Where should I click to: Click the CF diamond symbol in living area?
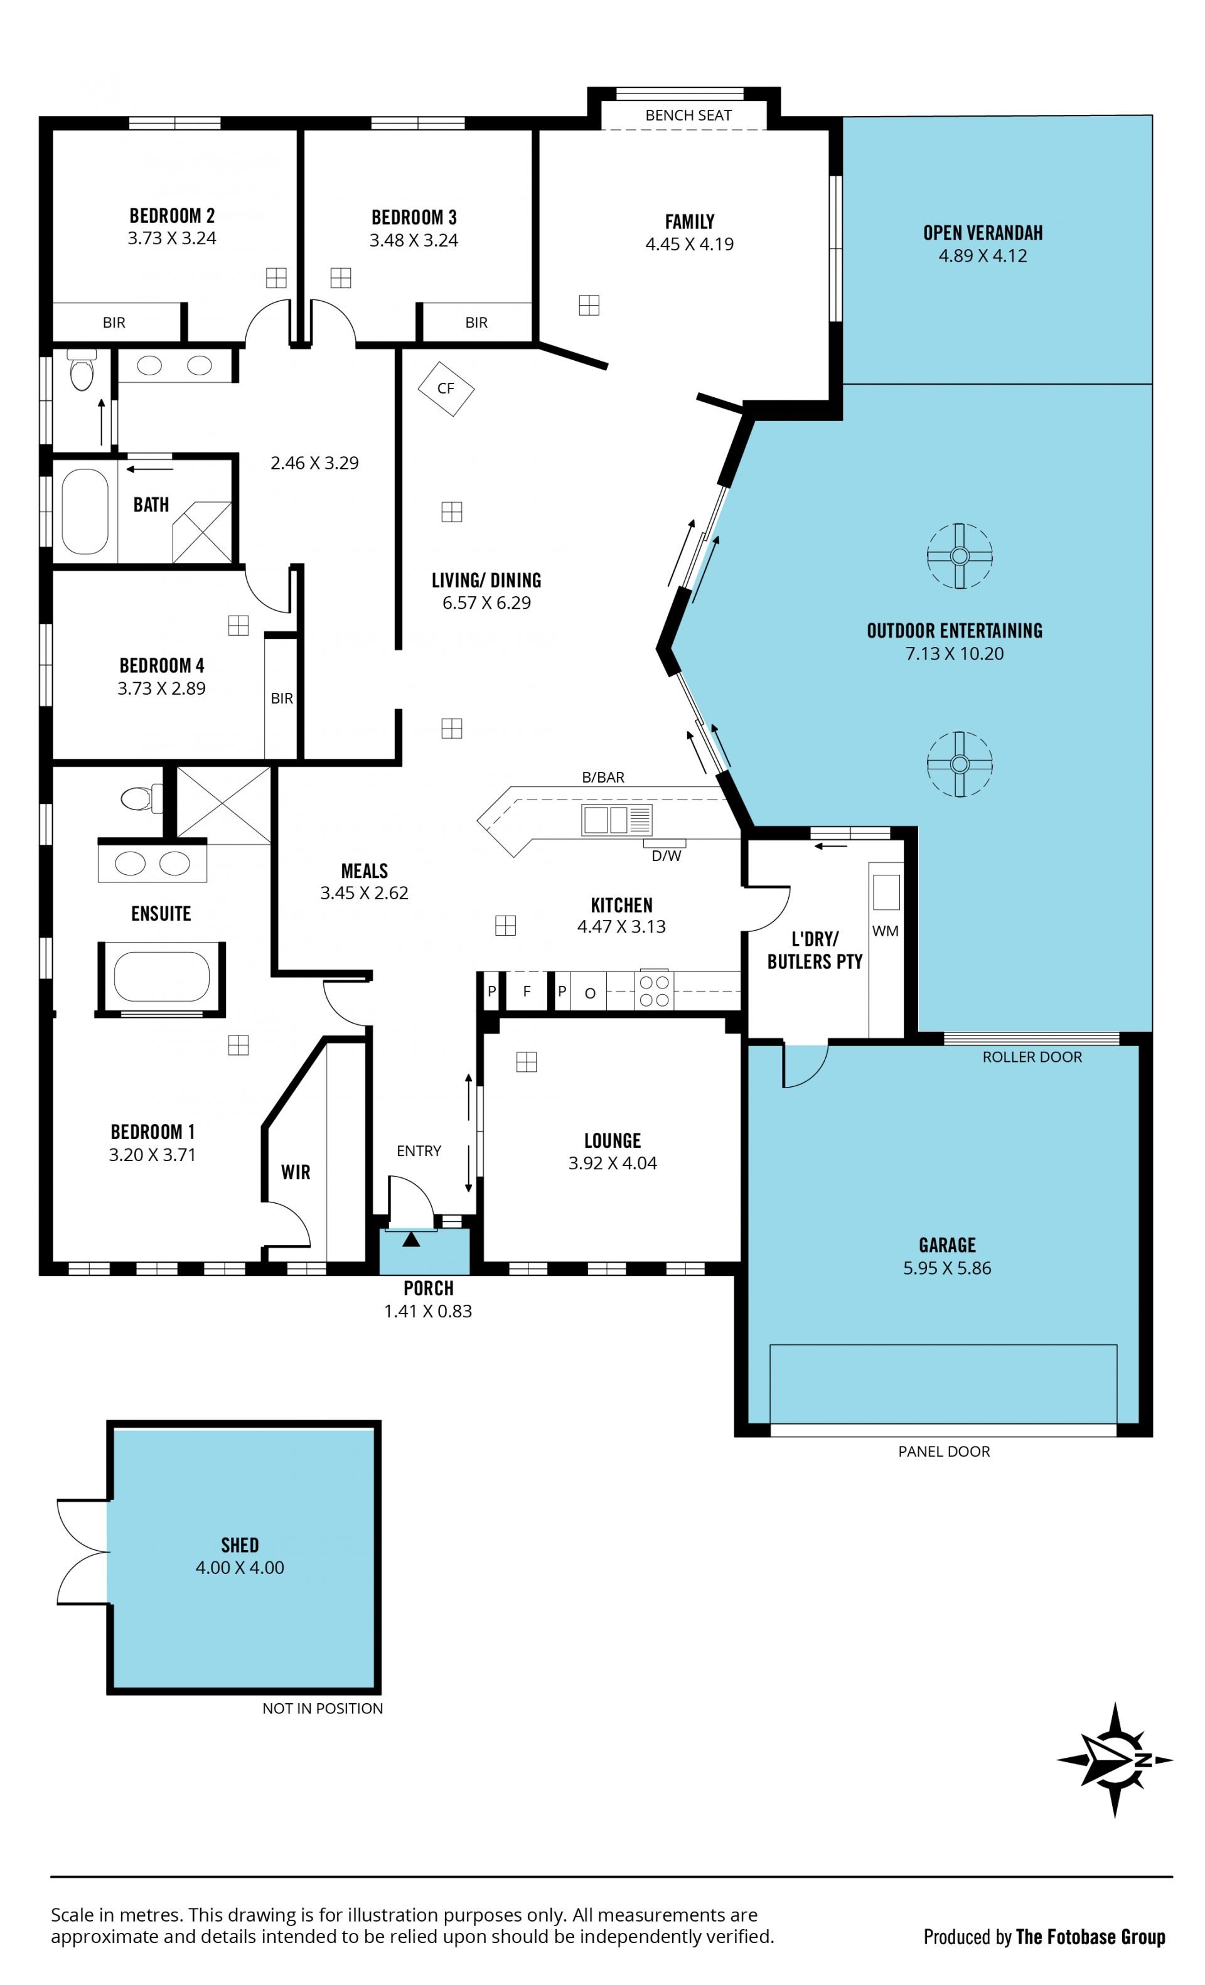coord(446,388)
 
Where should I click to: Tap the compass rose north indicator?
coord(1116,1760)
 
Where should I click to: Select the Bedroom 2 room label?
coord(171,215)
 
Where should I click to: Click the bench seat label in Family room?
coord(688,115)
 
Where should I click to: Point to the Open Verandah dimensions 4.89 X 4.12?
coord(983,255)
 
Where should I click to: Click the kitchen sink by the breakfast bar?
coord(616,820)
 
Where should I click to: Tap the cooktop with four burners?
coord(654,991)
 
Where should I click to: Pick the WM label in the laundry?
coord(884,931)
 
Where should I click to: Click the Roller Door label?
coord(1032,1057)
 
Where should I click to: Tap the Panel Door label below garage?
coord(944,1451)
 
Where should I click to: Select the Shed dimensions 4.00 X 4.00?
coord(239,1567)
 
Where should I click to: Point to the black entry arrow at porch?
coord(411,1238)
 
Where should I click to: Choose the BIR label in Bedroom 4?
coord(282,698)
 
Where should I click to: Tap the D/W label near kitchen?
coord(666,855)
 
